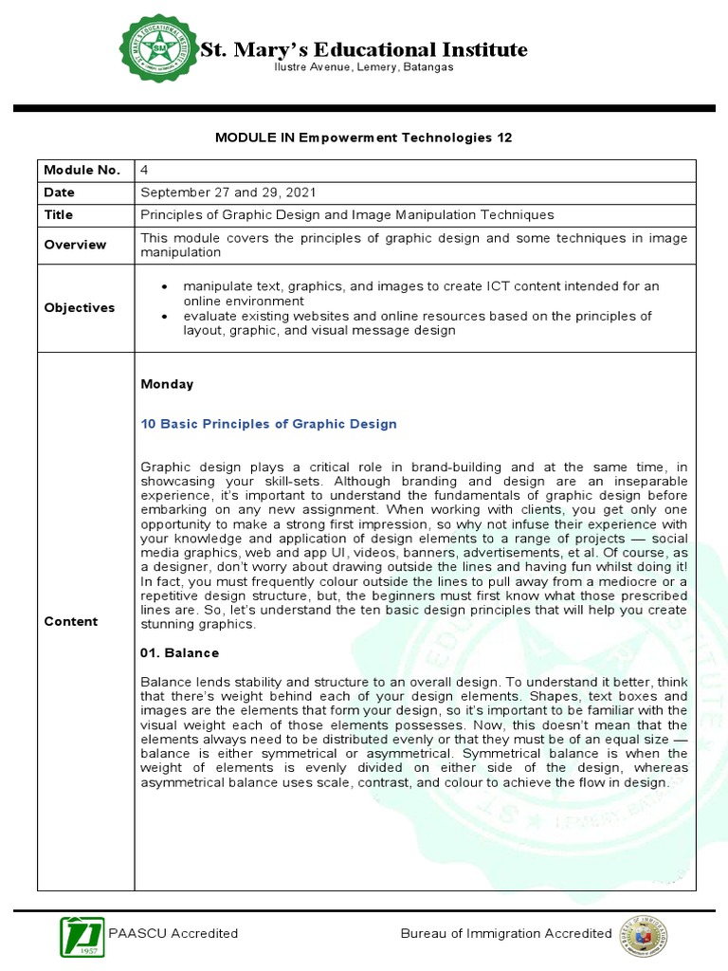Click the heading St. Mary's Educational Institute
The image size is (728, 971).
click(x=363, y=49)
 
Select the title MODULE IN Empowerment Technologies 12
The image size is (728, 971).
click(x=363, y=137)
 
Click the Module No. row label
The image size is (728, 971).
click(x=82, y=170)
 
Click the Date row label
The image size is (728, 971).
click(x=59, y=192)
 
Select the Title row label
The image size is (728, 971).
click(x=59, y=215)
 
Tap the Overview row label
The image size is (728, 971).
click(x=75, y=245)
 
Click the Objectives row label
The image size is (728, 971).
click(x=79, y=307)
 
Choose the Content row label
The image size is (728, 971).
click(x=70, y=621)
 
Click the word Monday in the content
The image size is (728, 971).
click(x=167, y=384)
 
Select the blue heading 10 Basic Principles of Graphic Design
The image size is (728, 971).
click(x=268, y=424)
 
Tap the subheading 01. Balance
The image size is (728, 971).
click(x=179, y=653)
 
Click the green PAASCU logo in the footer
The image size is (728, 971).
click(x=82, y=934)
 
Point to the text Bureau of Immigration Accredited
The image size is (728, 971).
click(x=506, y=933)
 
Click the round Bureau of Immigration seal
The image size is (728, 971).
click(x=643, y=934)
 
